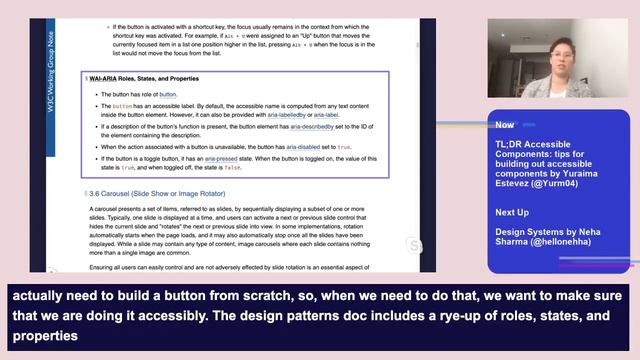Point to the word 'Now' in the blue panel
coord(505,126)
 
